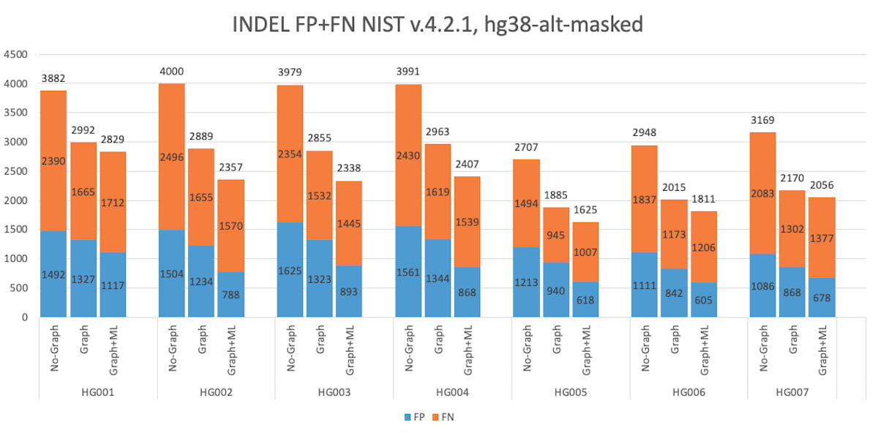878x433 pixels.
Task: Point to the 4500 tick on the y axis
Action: point(15,55)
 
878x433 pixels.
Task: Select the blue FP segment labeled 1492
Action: point(54,274)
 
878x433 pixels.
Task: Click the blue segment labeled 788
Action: point(231,295)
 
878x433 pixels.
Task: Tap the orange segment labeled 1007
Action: point(585,252)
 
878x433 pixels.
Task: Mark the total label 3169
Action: point(763,120)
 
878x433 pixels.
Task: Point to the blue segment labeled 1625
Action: point(290,270)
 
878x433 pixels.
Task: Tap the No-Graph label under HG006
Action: point(645,349)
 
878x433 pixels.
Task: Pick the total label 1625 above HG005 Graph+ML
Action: point(585,210)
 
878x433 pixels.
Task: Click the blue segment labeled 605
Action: point(704,300)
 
